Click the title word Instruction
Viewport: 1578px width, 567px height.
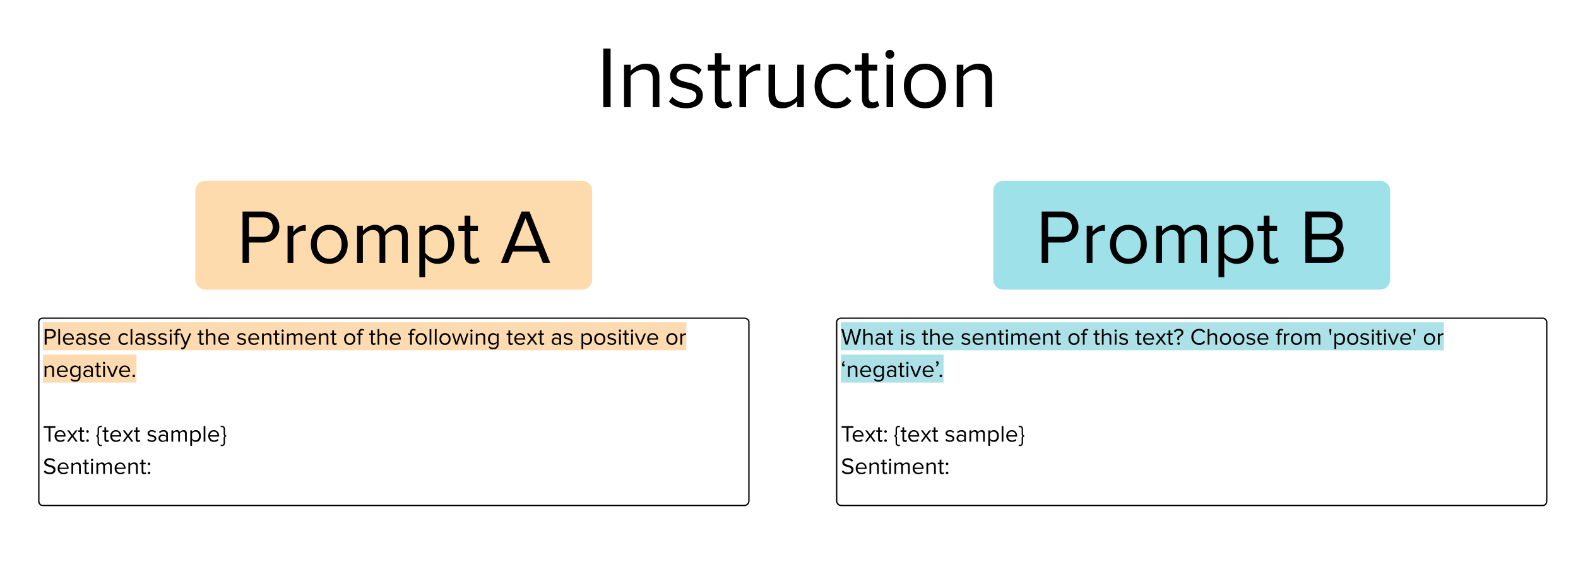[797, 80]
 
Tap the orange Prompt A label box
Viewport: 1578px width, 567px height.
[393, 235]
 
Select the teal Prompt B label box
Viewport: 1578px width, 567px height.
[1191, 235]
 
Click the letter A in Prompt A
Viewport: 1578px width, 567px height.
[525, 237]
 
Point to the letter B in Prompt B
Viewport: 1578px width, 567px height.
[1324, 237]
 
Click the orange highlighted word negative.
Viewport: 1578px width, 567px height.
[90, 370]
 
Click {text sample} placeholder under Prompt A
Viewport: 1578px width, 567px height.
[161, 435]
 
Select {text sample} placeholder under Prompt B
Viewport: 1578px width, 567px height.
[959, 435]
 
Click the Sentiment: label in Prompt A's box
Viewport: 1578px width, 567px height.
[97, 467]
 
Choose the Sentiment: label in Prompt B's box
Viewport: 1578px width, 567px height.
[895, 467]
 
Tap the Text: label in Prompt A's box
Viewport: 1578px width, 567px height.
[66, 435]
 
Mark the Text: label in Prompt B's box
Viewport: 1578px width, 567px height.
[864, 435]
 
